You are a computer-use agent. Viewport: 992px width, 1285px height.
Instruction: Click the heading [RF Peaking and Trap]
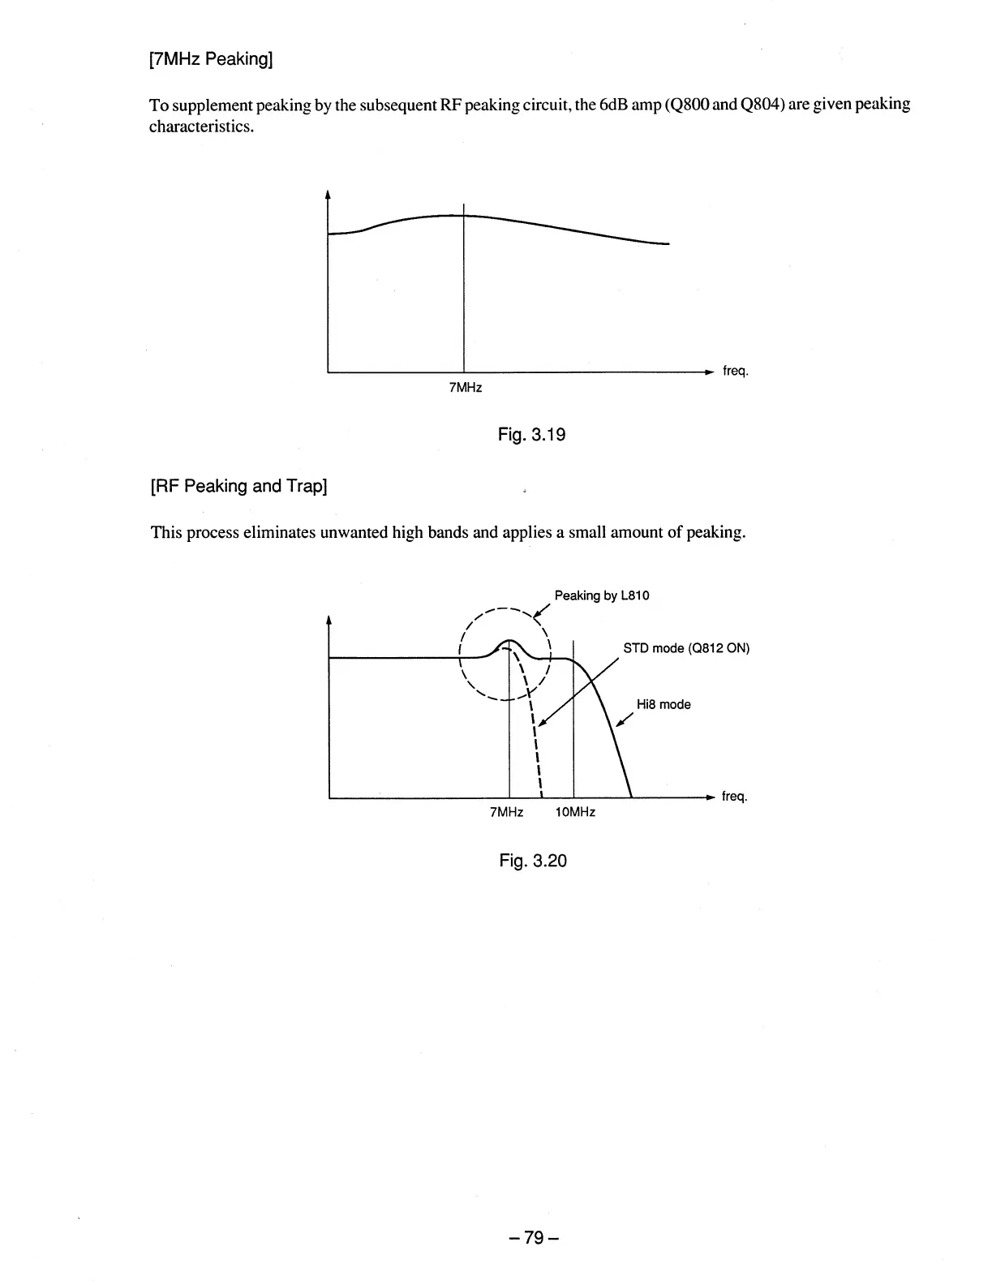click(x=239, y=486)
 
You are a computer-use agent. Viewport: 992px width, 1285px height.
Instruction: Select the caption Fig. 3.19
click(x=531, y=435)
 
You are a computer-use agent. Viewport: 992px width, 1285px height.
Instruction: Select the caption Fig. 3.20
click(x=532, y=861)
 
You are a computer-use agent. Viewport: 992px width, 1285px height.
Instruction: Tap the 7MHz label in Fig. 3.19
click(x=466, y=388)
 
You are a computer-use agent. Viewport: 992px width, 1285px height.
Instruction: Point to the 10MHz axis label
click(x=575, y=812)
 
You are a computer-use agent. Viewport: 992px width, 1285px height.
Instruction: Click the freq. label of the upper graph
click(x=735, y=372)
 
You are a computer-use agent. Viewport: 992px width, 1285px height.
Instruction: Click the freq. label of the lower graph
click(x=734, y=797)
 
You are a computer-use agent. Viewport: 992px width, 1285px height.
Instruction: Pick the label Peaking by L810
click(x=602, y=596)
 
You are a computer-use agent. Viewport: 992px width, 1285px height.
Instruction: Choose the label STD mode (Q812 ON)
click(x=686, y=649)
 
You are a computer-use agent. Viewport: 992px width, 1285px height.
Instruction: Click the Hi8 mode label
click(x=663, y=704)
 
